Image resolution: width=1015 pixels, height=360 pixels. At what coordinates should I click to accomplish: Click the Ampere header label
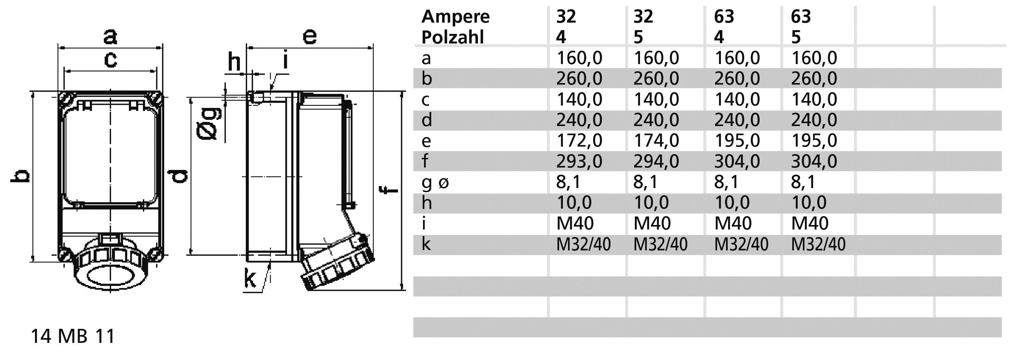(455, 16)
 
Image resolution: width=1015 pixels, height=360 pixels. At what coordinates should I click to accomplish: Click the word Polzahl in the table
(452, 37)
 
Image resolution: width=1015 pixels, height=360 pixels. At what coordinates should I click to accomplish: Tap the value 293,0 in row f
(579, 161)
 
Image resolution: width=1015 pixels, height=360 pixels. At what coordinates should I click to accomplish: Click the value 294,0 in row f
(656, 161)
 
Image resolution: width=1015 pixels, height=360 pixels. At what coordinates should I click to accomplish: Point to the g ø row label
(435, 182)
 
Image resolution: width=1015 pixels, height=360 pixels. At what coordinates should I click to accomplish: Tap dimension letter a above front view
(110, 36)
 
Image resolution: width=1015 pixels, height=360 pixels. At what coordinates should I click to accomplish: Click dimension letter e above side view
(310, 36)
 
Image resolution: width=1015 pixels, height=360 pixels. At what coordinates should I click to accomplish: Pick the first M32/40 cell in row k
(583, 245)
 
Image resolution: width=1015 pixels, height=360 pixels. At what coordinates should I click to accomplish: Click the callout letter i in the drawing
(286, 61)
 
